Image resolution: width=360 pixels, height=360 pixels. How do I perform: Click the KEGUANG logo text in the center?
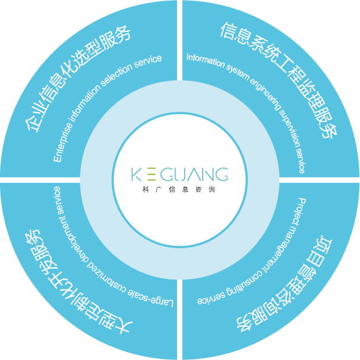point(179,175)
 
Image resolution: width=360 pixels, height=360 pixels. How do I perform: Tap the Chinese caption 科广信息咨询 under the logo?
point(179,190)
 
